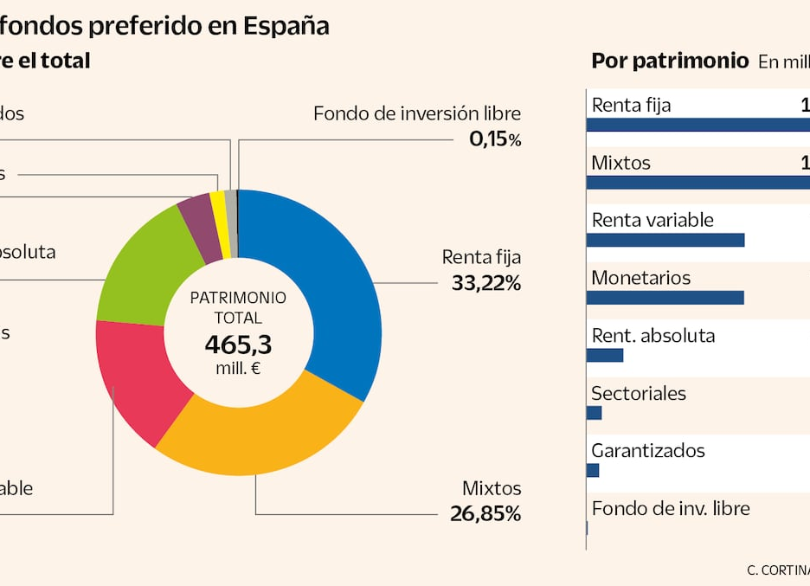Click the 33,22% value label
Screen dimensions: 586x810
486,282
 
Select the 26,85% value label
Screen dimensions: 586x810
485,513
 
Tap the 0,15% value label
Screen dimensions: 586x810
495,138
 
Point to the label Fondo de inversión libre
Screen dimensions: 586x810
417,113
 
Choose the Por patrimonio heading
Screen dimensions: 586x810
670,61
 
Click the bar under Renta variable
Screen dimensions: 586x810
665,240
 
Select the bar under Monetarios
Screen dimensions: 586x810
665,298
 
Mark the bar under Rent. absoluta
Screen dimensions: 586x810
605,355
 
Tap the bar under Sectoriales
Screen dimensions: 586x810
594,413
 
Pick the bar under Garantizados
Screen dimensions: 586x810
593,470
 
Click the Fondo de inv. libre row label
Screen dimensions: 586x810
670,509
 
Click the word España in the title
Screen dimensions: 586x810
286,26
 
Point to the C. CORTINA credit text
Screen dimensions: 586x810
778,570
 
